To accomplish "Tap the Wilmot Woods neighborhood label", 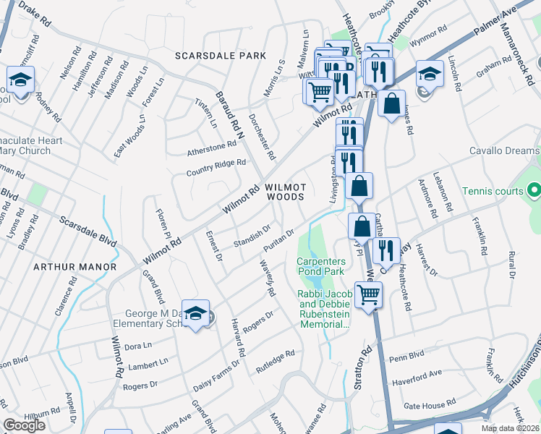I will [285, 192].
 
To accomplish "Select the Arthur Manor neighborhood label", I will [74, 267].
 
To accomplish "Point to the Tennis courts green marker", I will [534, 191].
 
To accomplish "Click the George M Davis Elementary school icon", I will [195, 313].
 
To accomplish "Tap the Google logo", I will [24, 425].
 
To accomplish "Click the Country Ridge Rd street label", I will [216, 168].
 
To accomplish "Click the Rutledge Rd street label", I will [276, 357].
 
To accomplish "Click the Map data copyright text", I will [511, 428].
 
